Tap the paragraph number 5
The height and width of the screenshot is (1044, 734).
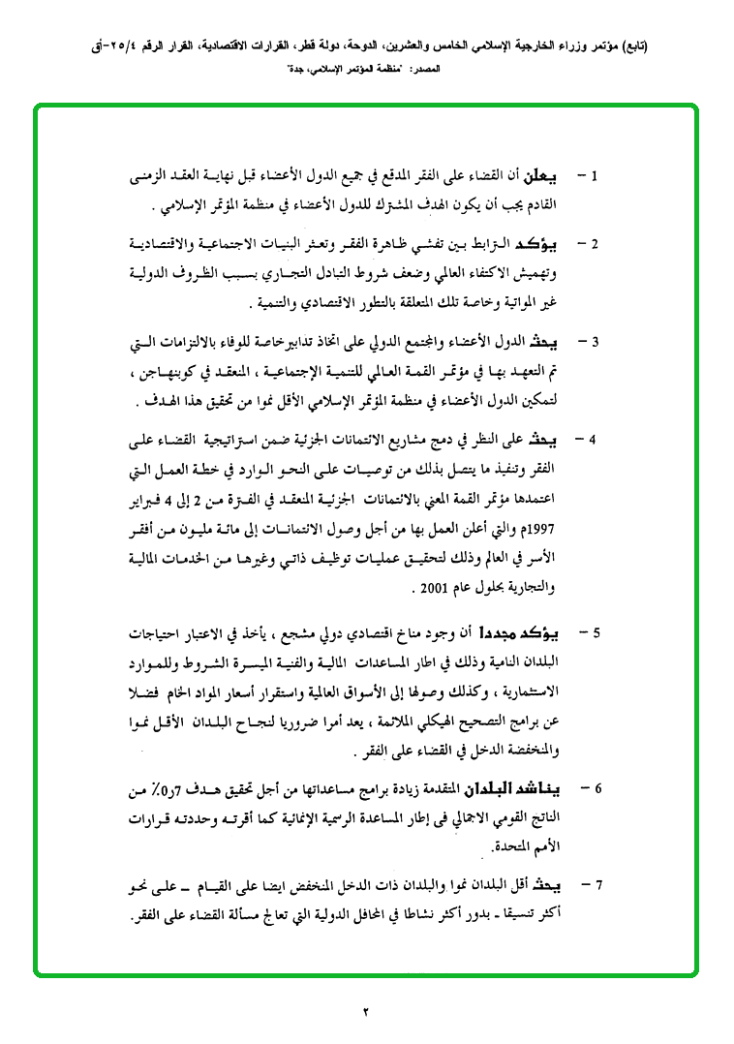pyautogui.click(x=596, y=633)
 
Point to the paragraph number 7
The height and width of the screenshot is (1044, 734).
pyautogui.click(x=597, y=884)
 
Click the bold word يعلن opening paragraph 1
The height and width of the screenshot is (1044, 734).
pyautogui.click(x=541, y=179)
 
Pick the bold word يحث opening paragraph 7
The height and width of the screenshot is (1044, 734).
pyautogui.click(x=550, y=884)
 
